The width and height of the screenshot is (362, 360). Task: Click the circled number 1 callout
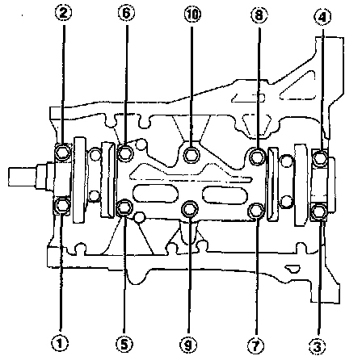pyautogui.click(x=60, y=343)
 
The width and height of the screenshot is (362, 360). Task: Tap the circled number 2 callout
pyautogui.click(x=63, y=14)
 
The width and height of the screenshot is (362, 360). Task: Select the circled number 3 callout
pyautogui.click(x=318, y=346)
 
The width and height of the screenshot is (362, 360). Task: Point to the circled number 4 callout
pyautogui.click(x=322, y=17)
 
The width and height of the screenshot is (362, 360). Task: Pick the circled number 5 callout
pyautogui.click(x=124, y=344)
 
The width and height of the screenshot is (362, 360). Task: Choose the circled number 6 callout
pyautogui.click(x=126, y=14)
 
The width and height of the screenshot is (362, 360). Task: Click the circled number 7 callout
pyautogui.click(x=255, y=345)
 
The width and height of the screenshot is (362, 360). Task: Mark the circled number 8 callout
pyautogui.click(x=259, y=15)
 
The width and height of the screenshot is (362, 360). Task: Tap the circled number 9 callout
pyautogui.click(x=188, y=345)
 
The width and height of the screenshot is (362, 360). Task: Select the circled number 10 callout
pyautogui.click(x=192, y=15)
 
